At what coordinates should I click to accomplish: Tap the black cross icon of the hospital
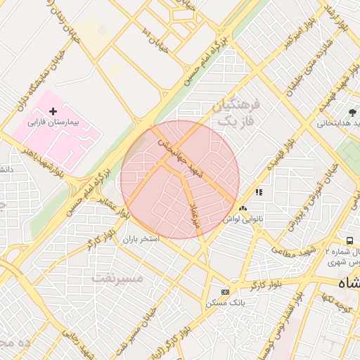click(x=53, y=111)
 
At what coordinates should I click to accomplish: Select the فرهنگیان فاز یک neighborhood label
click(x=235, y=112)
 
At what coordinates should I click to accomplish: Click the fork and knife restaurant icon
click(x=259, y=192)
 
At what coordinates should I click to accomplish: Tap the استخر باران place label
click(x=141, y=239)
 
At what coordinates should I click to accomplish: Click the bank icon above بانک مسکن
click(x=225, y=291)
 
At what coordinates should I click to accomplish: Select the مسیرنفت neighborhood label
click(x=117, y=278)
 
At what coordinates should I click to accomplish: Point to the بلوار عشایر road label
click(x=115, y=205)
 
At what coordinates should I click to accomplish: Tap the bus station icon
click(x=349, y=240)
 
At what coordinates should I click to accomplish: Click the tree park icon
click(x=353, y=112)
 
